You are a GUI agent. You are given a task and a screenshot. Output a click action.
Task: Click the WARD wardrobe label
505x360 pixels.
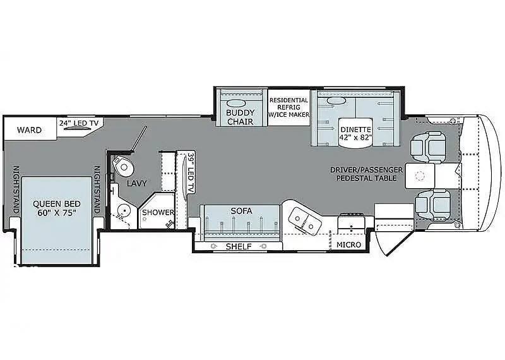(x=29, y=130)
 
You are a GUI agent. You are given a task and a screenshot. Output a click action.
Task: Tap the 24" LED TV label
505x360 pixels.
(x=78, y=123)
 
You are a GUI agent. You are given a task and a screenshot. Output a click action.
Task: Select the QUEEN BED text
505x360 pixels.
(x=57, y=204)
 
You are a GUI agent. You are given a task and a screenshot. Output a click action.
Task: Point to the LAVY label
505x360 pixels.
(x=136, y=183)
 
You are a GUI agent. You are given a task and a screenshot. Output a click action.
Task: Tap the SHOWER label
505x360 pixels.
(x=158, y=212)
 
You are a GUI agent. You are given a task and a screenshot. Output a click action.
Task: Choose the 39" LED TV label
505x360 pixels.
(x=191, y=173)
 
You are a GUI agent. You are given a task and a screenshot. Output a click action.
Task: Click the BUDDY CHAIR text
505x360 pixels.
(x=241, y=117)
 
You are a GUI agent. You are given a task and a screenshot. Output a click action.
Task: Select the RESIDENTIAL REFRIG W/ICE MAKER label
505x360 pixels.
(x=289, y=107)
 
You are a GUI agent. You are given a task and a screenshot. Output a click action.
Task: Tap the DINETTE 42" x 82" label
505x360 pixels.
(x=356, y=133)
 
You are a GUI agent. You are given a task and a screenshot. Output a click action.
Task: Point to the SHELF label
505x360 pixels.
(x=239, y=246)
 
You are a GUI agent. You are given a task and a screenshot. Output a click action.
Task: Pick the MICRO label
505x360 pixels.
(x=349, y=244)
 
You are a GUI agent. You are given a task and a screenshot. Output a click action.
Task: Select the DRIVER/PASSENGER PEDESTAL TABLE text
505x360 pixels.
(x=367, y=174)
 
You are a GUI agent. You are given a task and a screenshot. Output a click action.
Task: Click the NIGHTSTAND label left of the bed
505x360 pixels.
(x=15, y=189)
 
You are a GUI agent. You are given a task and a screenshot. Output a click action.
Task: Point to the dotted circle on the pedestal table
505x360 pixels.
(x=420, y=176)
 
